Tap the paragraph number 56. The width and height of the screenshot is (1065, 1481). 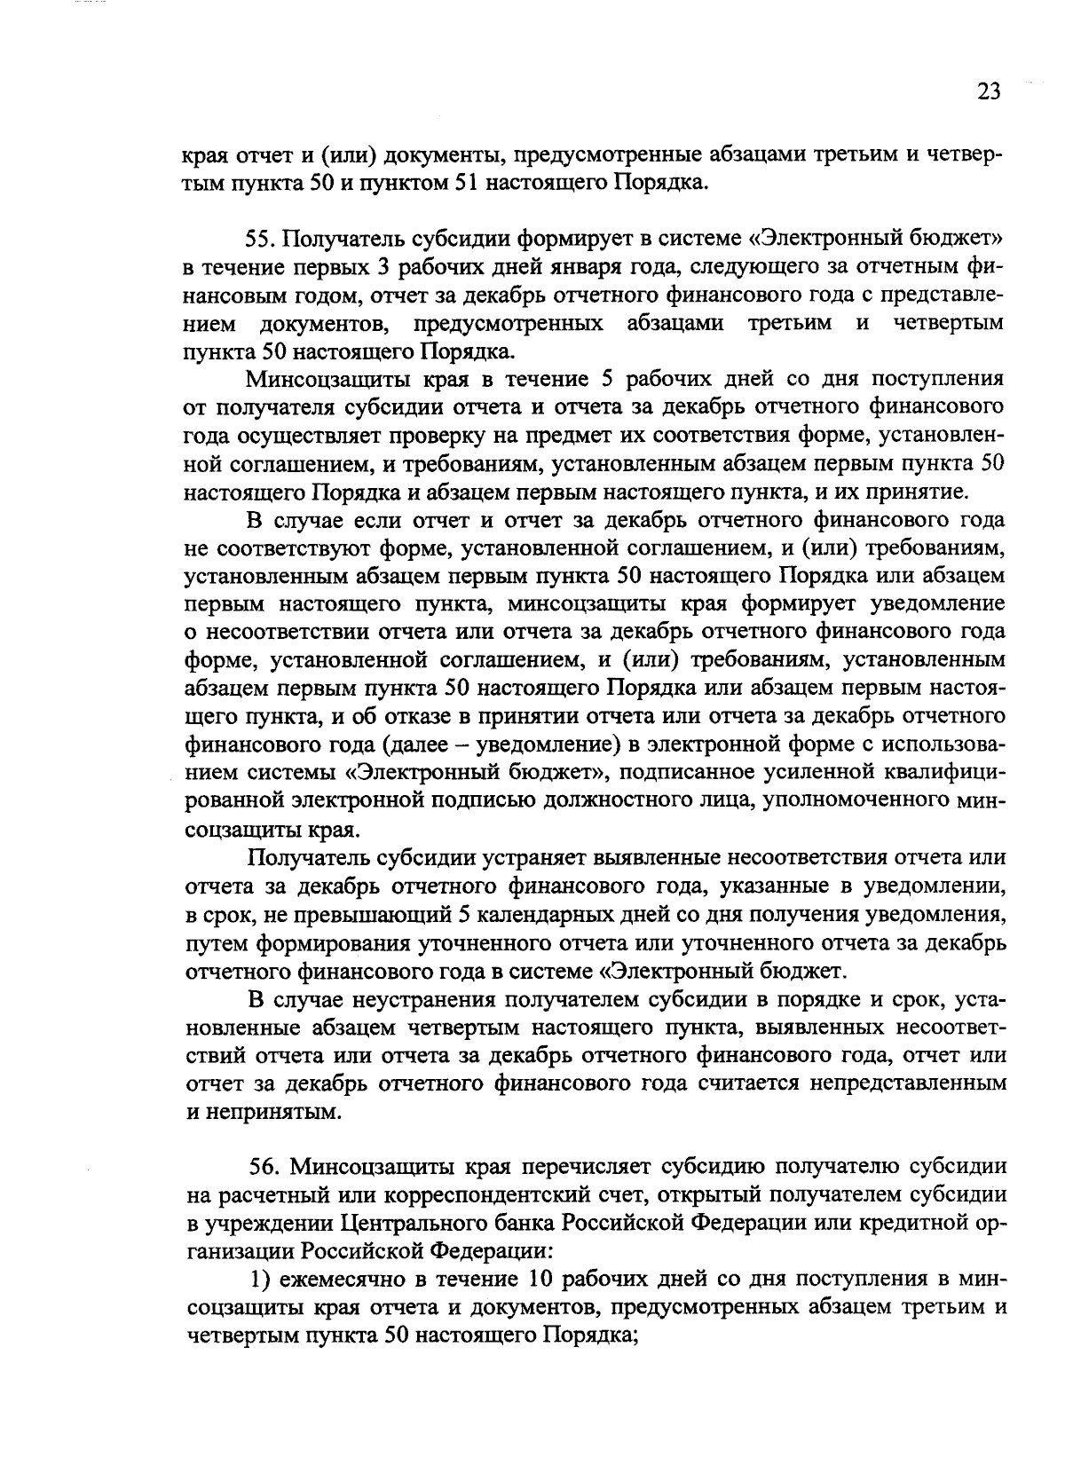tap(263, 1166)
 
